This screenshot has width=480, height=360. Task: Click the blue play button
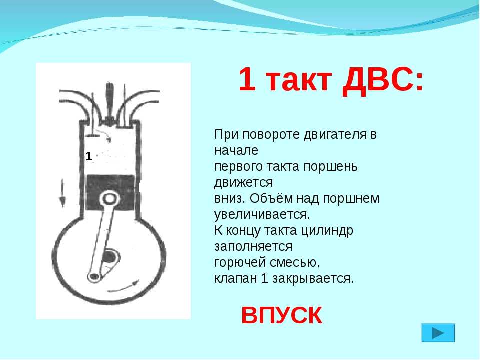tap(438, 333)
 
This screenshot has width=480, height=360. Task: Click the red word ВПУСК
tap(281, 315)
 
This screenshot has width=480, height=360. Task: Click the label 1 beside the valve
tap(89, 156)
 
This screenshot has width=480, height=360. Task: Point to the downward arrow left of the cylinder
tap(62, 193)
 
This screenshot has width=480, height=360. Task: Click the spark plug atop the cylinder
tap(108, 102)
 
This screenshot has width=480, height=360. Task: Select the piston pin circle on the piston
tap(109, 199)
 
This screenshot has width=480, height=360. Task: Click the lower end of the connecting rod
tap(94, 276)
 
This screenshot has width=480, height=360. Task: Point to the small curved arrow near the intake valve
tap(106, 136)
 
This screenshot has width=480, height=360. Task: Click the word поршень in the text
tap(330, 167)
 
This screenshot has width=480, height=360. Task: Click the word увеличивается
tap(262, 215)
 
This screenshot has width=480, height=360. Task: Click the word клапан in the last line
tap(235, 279)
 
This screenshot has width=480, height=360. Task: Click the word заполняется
tap(253, 247)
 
